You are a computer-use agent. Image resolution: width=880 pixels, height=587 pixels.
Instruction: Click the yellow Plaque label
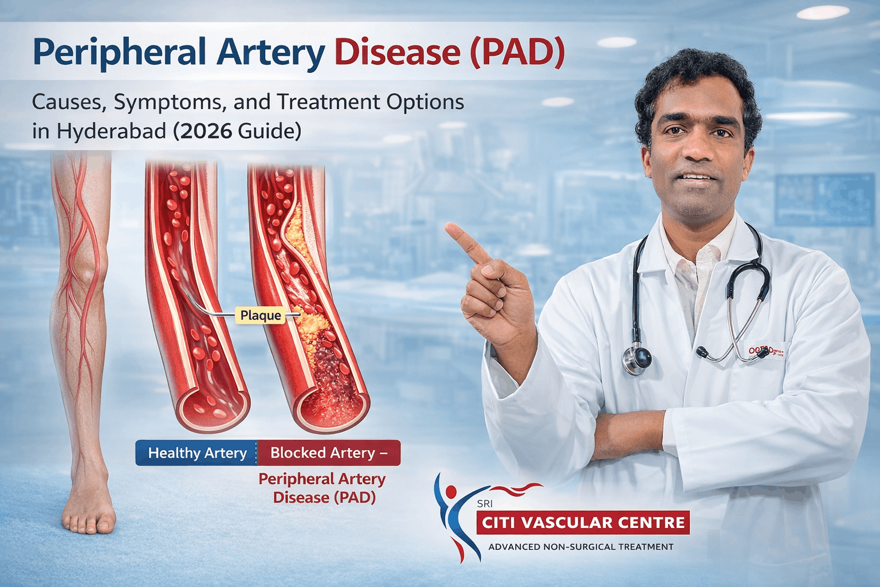point(261,315)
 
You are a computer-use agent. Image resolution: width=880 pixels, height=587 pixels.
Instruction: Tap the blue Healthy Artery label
point(197,453)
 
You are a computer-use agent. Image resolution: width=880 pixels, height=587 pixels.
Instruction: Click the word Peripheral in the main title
point(119,53)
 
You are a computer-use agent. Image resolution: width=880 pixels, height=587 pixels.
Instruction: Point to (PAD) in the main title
point(517,53)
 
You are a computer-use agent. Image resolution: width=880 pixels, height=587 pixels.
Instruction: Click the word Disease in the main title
point(397,53)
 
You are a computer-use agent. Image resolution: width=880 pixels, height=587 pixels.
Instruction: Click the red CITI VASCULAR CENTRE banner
point(583,523)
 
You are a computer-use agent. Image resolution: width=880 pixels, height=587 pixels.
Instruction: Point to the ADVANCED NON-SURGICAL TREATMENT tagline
point(580,547)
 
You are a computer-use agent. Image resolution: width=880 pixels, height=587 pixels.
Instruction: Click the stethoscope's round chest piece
point(637,358)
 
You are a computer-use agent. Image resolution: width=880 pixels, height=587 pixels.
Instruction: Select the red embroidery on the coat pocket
point(765,350)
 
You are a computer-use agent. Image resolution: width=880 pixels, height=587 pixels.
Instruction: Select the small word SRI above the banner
point(485,504)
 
